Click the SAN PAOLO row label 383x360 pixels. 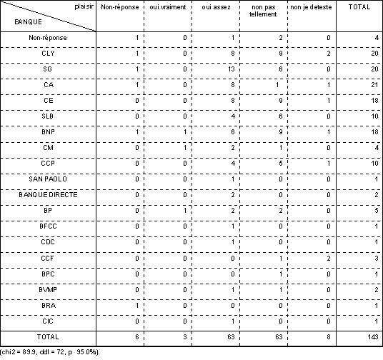point(48,179)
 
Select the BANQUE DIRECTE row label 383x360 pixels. point(48,195)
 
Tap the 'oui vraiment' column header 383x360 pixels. point(168,7)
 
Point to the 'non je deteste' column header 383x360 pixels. point(312,7)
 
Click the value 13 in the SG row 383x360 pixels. point(231,69)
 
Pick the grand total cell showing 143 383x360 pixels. point(373,337)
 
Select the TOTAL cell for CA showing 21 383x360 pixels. point(374,85)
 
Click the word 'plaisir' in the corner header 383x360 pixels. point(84,6)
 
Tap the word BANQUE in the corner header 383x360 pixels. point(28,22)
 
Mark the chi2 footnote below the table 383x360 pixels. point(50,352)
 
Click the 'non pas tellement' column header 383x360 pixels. point(263,11)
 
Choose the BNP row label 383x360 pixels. point(48,132)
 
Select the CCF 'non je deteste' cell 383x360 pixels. point(329,258)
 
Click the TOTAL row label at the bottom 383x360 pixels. point(48,337)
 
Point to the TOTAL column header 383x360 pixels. point(359,7)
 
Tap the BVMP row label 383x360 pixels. point(48,290)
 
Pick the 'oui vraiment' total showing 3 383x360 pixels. point(185,337)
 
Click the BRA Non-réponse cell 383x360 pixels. point(137,306)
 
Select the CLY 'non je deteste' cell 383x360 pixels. point(329,54)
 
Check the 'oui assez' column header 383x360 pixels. point(216,7)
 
